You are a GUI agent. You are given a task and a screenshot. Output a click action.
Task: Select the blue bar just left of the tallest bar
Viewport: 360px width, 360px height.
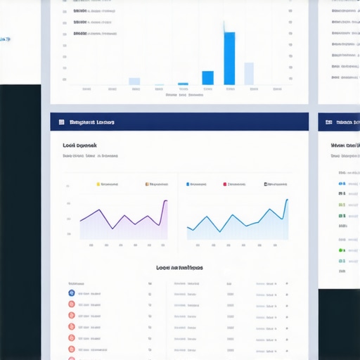(x=207, y=78)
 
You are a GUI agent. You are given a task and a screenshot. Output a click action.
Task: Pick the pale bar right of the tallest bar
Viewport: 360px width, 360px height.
(x=249, y=74)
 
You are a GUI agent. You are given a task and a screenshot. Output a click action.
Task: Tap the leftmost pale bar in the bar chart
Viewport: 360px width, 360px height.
(x=134, y=82)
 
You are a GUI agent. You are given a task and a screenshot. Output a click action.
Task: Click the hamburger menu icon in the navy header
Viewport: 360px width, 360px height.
(x=62, y=122)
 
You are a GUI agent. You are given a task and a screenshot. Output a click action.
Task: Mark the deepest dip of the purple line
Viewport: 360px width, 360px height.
(x=111, y=229)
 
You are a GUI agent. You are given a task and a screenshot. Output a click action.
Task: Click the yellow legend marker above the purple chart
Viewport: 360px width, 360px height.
(x=98, y=184)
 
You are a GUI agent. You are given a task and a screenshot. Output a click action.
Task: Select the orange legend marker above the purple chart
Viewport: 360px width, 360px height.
(x=147, y=184)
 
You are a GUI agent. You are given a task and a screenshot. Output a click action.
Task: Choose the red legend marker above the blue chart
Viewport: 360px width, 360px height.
(x=225, y=184)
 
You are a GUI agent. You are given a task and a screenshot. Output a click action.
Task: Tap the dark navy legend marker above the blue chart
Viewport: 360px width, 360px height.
(x=266, y=184)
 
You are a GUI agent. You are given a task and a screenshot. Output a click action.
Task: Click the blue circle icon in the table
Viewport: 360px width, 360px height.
(x=71, y=292)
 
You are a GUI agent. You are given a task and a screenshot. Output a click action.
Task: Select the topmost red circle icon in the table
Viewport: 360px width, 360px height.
(x=71, y=304)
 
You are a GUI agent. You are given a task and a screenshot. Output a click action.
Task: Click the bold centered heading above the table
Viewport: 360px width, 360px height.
(x=179, y=268)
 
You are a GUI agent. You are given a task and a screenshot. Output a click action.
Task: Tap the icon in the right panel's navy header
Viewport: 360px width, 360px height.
(x=328, y=122)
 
